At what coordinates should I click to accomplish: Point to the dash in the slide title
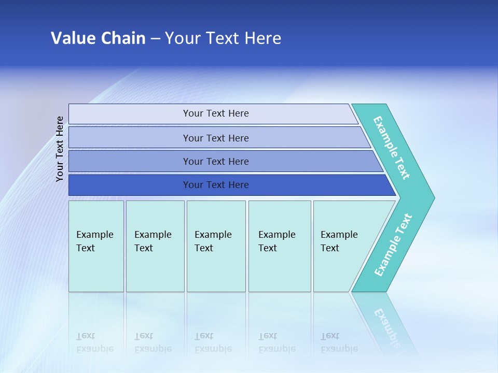coord(155,39)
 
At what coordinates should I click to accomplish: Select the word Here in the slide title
coord(262,38)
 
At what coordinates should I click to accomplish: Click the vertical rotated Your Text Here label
coord(60,149)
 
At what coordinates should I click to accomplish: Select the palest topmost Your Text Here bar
coord(215,113)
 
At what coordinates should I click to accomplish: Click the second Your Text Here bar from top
coord(215,138)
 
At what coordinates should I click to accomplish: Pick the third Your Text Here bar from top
coord(215,161)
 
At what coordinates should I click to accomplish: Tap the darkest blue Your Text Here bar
coord(215,185)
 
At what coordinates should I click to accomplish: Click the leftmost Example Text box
coord(96,246)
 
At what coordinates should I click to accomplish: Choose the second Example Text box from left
coord(155,246)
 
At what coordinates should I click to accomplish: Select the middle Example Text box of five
coord(216,246)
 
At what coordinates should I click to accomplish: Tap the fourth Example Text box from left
coord(280,246)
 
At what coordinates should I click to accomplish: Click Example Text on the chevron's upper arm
coord(392,148)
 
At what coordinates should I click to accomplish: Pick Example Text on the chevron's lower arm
coord(393,245)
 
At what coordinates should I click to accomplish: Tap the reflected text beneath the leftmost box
coord(94,342)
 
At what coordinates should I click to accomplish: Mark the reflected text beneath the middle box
coord(213,342)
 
